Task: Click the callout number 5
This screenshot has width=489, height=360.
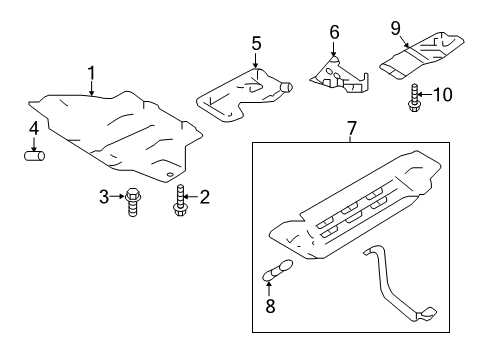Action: [256, 44]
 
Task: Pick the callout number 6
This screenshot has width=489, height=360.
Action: [335, 32]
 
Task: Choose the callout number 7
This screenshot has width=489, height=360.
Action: [352, 128]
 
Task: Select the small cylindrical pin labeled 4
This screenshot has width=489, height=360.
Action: [34, 156]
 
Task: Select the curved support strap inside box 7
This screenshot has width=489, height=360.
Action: [405, 300]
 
